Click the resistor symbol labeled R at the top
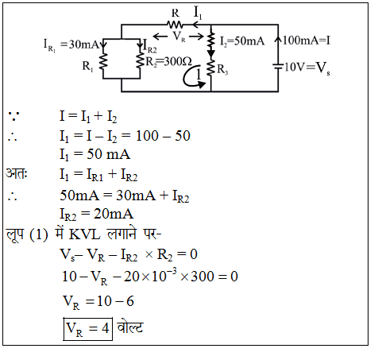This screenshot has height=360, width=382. tap(175, 25)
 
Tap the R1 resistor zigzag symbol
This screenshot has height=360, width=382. tap(103, 62)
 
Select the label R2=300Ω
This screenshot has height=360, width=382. tap(168, 62)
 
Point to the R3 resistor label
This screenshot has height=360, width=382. tap(222, 70)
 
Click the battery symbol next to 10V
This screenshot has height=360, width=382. tap(278, 66)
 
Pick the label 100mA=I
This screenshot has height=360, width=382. tap(307, 41)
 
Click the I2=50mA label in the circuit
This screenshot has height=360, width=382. tap(242, 41)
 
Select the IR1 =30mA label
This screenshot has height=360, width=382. tap(71, 45)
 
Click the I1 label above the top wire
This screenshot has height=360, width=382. tap(198, 12)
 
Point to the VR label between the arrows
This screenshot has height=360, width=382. tap(179, 37)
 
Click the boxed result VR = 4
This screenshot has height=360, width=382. tap(87, 329)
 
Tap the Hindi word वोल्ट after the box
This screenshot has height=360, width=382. tap(129, 327)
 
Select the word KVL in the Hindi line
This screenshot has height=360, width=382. tap(84, 234)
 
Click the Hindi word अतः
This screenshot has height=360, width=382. tap(17, 173)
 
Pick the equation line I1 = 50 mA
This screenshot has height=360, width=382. tap(95, 155)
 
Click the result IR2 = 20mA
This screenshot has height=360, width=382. tap(96, 215)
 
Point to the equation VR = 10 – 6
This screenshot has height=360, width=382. tap(98, 302)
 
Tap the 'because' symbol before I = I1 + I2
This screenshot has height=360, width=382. tap(14, 116)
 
